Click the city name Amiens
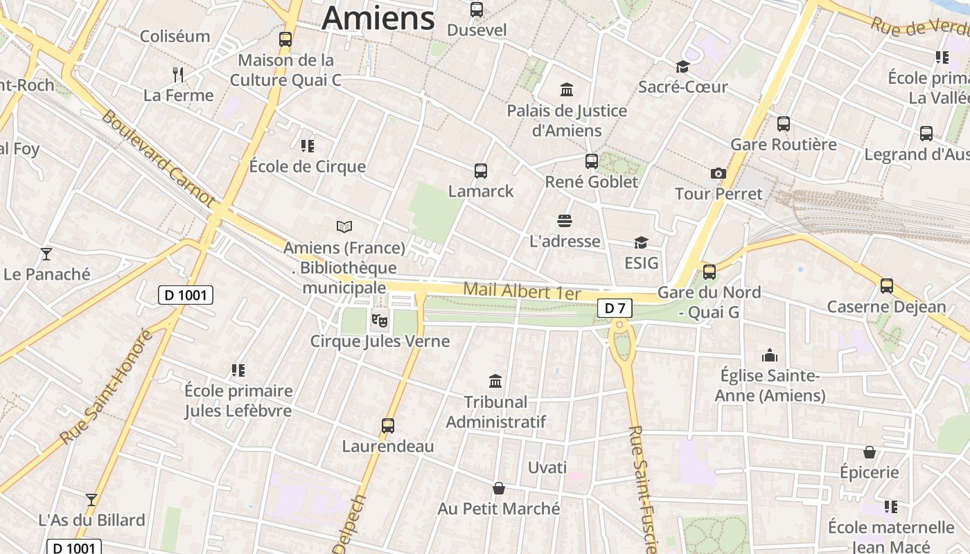point(378,18)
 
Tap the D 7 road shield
point(615,308)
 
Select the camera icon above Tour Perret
point(718,173)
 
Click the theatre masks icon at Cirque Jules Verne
point(378,320)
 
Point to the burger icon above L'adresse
point(565,221)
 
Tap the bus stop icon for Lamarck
point(480,170)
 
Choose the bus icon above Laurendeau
point(388,425)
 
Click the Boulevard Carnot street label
point(159,158)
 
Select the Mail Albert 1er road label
point(521,291)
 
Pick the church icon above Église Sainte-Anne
point(770,356)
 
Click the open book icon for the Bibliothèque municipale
point(344,226)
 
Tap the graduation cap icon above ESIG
point(641,242)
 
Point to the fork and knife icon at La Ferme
point(178,74)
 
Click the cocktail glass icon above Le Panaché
point(46,253)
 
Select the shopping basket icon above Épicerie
point(869,452)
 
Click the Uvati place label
point(547,467)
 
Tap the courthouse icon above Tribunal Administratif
point(495,381)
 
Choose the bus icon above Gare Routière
point(784,124)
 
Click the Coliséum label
point(175,36)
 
